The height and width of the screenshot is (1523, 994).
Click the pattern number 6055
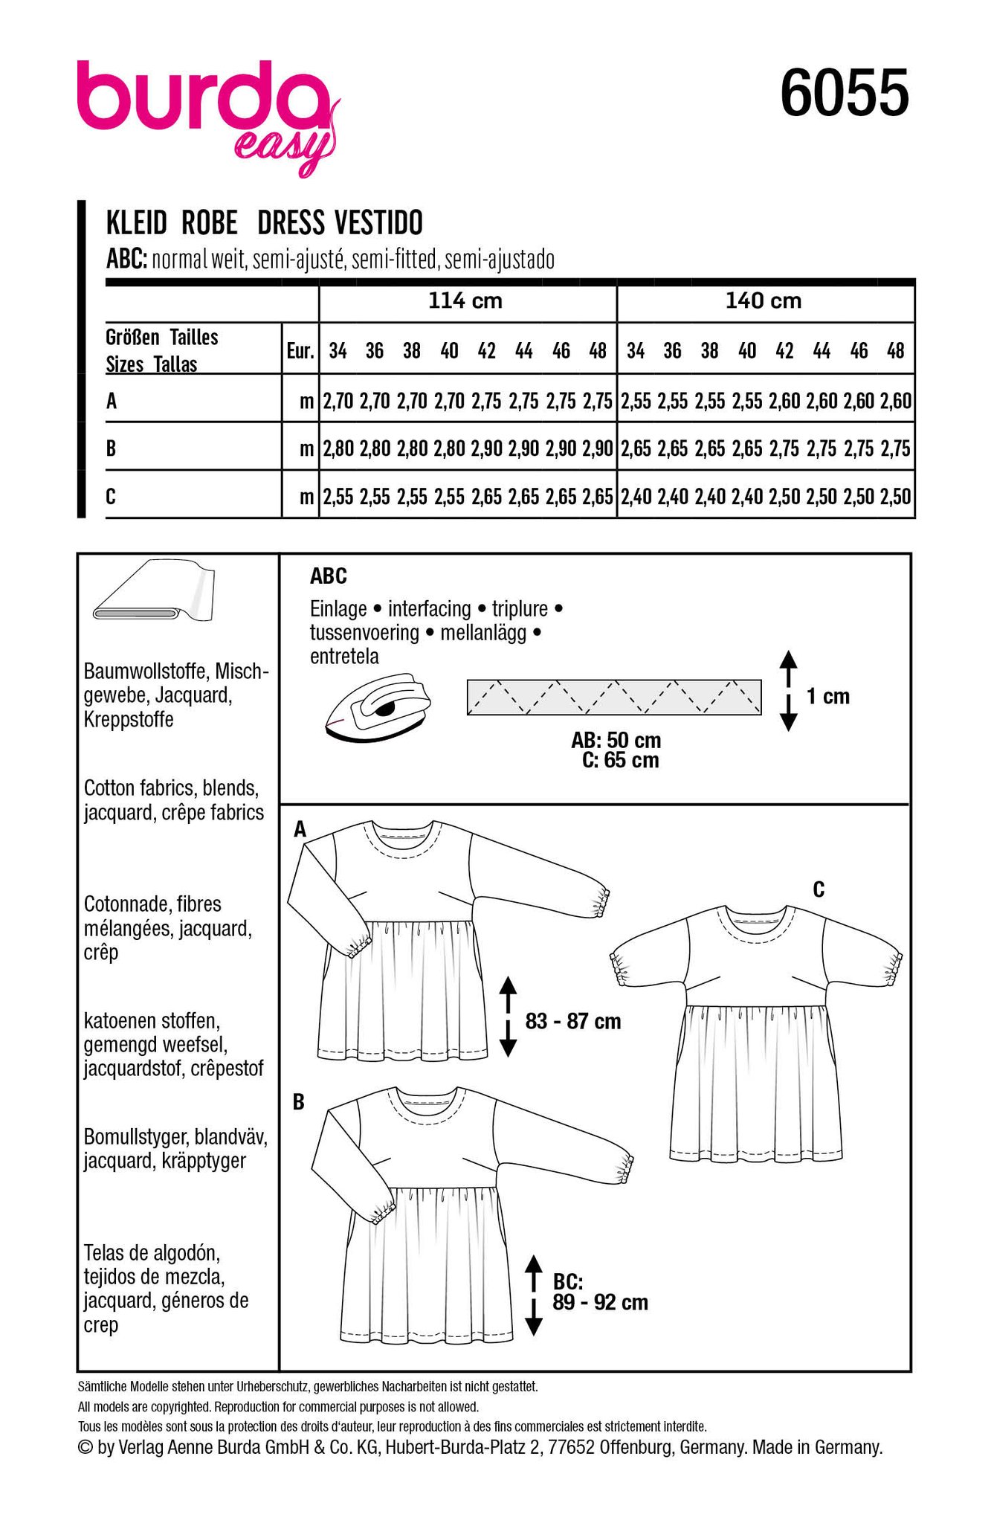pos(844,94)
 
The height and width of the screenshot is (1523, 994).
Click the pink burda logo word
pos(201,97)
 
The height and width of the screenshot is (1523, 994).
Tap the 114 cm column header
pos(465,301)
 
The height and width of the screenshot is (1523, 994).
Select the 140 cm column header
pos(764,301)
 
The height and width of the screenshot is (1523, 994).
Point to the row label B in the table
pos(112,448)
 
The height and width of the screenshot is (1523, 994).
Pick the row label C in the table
pos(112,496)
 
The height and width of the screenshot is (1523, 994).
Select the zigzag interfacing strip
pos(613,697)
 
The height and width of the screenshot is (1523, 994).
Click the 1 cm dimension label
pos(827,697)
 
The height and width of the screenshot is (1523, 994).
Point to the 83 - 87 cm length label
pos(572,1021)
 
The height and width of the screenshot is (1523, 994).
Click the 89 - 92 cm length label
pos(600,1302)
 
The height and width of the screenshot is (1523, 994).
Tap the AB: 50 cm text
pos(616,741)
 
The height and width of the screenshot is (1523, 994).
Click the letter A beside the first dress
pos(300,829)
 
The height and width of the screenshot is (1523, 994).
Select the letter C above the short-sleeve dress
pos(819,889)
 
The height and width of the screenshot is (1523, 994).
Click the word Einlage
pos(338,609)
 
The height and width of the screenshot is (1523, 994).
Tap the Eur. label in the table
pos(300,350)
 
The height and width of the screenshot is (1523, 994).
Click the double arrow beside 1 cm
pos(789,691)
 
